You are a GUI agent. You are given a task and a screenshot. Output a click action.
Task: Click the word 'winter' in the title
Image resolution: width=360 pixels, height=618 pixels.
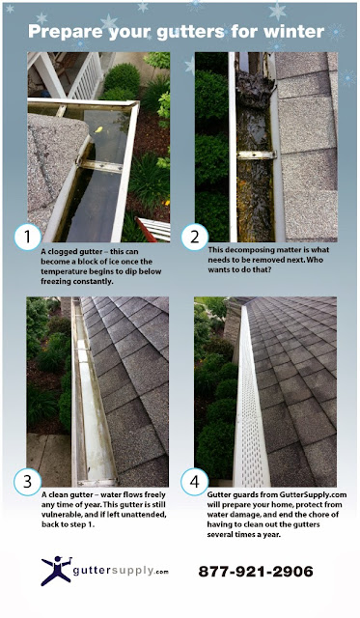[293, 32]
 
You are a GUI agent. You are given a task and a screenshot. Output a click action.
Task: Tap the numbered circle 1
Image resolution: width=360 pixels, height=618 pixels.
[28, 238]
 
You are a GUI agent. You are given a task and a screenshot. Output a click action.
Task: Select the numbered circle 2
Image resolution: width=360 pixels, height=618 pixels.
[195, 238]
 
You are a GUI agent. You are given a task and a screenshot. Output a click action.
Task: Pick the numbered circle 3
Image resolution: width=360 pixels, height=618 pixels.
[28, 482]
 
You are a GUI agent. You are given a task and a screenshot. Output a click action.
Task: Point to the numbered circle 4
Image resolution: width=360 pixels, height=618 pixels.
[195, 482]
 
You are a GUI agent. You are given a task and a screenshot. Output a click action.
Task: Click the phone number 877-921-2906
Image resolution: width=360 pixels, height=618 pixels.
[256, 571]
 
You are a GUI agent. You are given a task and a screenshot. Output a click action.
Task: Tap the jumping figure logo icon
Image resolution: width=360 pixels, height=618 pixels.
[56, 571]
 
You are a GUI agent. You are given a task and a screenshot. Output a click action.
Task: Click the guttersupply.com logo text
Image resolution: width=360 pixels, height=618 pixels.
[121, 571]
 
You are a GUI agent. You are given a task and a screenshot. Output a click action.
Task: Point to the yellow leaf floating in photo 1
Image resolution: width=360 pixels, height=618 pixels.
[98, 128]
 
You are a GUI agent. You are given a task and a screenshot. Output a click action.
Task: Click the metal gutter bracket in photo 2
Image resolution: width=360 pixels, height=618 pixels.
[256, 154]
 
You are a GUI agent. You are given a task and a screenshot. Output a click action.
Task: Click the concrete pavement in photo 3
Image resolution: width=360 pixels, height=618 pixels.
[48, 460]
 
